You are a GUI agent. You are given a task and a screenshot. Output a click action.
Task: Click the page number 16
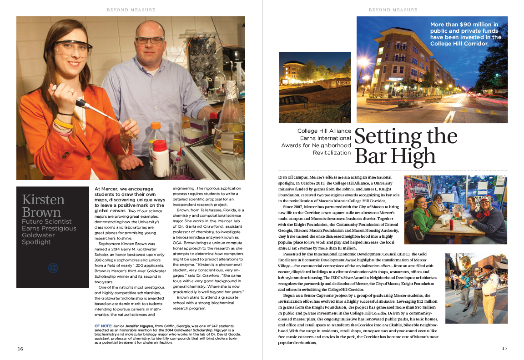tap(20, 349)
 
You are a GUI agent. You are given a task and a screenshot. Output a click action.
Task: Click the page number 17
tap(504, 349)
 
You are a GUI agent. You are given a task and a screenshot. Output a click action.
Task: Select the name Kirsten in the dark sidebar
tap(44, 200)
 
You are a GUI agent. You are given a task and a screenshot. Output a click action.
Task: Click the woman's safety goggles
tap(73, 49)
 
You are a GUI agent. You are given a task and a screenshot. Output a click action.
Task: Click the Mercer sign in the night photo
tap(341, 84)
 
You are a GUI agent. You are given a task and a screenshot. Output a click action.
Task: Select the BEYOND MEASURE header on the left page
tap(131, 10)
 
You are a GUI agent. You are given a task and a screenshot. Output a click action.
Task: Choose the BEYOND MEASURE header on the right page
tap(393, 10)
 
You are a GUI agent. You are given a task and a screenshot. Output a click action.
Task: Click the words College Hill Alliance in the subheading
tap(324, 131)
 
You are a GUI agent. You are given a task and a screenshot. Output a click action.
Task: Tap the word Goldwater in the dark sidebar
tap(39, 235)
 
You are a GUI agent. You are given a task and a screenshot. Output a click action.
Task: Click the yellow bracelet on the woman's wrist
tap(63, 123)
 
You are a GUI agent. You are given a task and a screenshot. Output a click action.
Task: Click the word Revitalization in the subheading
tap(332, 153)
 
